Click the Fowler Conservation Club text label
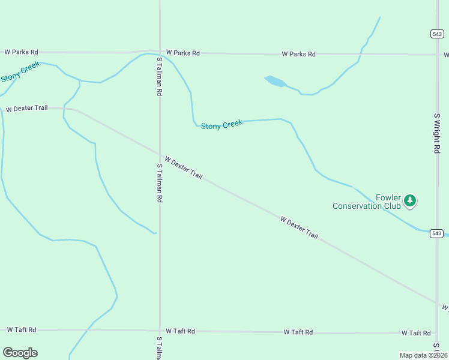pos(366,202)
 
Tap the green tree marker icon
pos(409,200)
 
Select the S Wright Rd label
pos(437,133)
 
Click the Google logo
pos(20,353)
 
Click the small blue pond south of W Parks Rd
pos(275,81)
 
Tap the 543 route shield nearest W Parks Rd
pos(437,34)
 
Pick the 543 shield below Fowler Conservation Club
pos(437,233)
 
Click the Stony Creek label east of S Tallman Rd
pos(221,125)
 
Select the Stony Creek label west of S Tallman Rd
pos(20,71)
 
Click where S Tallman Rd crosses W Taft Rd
pos(160,331)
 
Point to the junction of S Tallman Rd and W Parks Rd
pos(160,52)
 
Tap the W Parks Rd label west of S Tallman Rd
pos(22,52)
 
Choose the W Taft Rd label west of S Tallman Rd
pos(22,330)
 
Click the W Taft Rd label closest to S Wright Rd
pos(416,333)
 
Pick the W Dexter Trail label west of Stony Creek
pos(26,109)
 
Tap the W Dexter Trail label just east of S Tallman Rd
pos(183,168)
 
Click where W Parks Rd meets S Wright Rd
pos(437,55)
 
